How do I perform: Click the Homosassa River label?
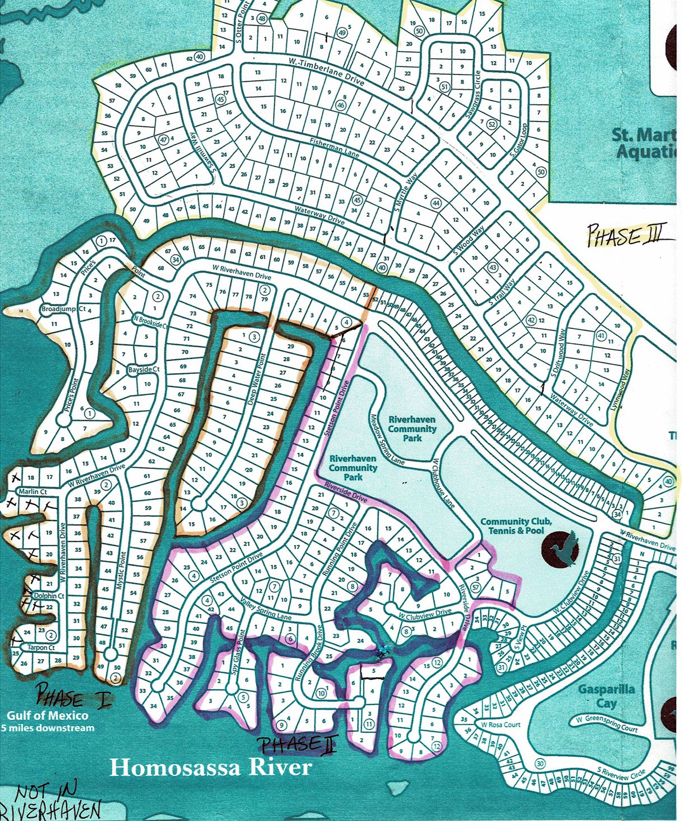[210, 767]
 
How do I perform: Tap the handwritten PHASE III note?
[624, 236]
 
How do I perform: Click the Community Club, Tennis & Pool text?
[516, 526]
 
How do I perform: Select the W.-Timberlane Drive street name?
[326, 71]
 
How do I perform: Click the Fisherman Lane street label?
[334, 148]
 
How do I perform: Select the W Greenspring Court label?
[606, 723]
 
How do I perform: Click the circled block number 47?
[164, 139]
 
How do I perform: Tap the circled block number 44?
[436, 203]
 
